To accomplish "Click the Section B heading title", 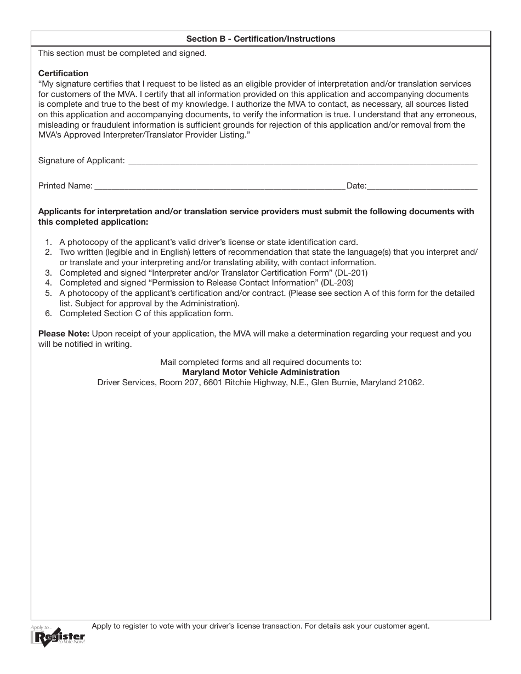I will pyautogui.click(x=260, y=39).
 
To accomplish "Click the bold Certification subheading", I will pyautogui.click(x=63, y=73).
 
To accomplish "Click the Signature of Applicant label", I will pyautogui.click(x=81, y=161).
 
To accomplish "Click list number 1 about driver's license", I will pyautogui.click(x=48, y=242).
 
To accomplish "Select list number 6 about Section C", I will pyautogui.click(x=48, y=314).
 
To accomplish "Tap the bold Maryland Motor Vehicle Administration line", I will pyautogui.click(x=260, y=372).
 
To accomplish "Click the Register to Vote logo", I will pyautogui.click(x=58, y=636).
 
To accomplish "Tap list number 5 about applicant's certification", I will pyautogui.click(x=48, y=294).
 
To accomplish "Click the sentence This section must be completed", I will pyautogui.click(x=122, y=54).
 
